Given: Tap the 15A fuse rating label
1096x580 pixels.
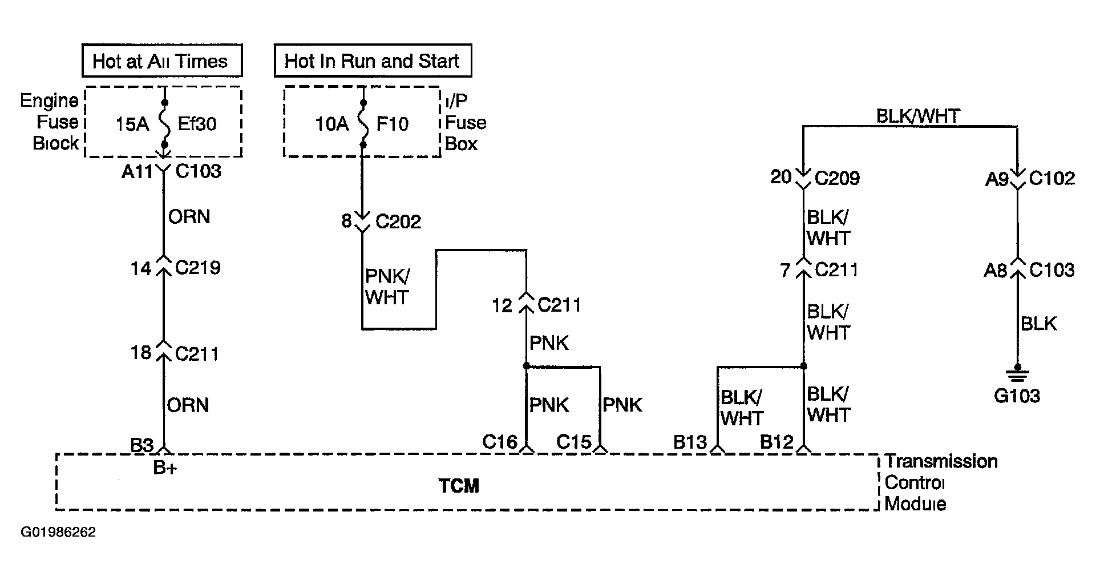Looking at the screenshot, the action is pyautogui.click(x=132, y=124).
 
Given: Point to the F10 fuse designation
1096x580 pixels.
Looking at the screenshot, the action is pyautogui.click(x=393, y=124).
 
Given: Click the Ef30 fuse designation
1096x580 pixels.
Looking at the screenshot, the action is pyautogui.click(x=197, y=124).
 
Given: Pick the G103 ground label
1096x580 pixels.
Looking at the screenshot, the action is pyautogui.click(x=1017, y=396).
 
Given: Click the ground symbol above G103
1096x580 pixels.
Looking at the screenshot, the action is pyautogui.click(x=1017, y=374).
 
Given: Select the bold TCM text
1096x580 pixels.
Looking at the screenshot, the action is pyautogui.click(x=459, y=486).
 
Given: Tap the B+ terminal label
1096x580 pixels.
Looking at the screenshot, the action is pyautogui.click(x=165, y=468).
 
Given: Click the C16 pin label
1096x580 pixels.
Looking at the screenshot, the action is pyautogui.click(x=500, y=442).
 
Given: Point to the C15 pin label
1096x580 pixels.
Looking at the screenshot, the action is pyautogui.click(x=574, y=442).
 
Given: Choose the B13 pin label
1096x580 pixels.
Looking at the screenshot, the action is pyautogui.click(x=690, y=442).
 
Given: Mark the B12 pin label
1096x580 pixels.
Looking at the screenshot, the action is pyautogui.click(x=776, y=442).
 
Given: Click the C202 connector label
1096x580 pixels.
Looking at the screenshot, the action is pyautogui.click(x=398, y=221).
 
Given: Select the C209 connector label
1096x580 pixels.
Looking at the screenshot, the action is pyautogui.click(x=837, y=178).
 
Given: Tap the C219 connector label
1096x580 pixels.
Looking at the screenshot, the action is pyautogui.click(x=197, y=268).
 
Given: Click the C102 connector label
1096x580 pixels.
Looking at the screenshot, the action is pyautogui.click(x=1052, y=178).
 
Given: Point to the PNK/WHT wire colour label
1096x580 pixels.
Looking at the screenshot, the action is pyautogui.click(x=387, y=287).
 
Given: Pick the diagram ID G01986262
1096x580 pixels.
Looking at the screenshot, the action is pyautogui.click(x=59, y=533).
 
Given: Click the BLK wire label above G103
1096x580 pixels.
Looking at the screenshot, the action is pyautogui.click(x=1038, y=324).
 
